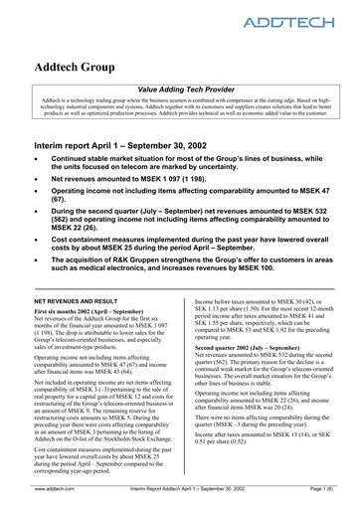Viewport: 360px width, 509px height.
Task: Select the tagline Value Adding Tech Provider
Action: pos(180,88)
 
